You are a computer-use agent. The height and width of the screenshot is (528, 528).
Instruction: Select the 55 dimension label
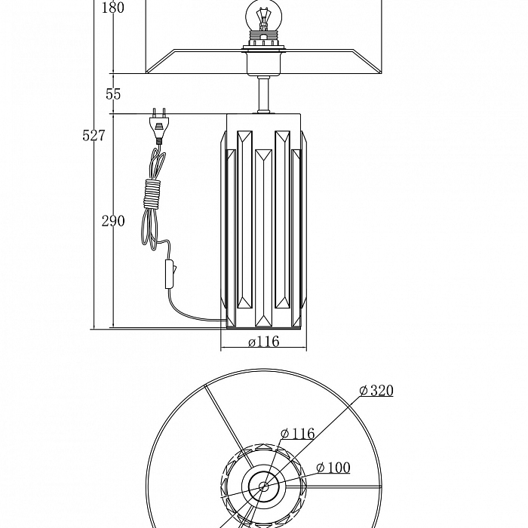(113, 94)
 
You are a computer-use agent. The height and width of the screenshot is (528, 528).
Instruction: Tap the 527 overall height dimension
(94, 135)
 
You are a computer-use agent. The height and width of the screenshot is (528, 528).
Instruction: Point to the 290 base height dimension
(113, 221)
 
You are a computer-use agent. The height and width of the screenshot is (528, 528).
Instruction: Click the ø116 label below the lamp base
(263, 342)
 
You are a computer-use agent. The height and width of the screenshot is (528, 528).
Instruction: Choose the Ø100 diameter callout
(333, 468)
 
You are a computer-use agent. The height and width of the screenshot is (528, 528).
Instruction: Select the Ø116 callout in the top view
(297, 434)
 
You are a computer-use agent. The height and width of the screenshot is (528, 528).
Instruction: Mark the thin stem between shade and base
(263, 95)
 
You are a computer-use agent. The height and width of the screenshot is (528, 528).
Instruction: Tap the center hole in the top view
(264, 487)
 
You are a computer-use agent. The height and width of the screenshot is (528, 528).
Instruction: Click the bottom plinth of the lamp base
(263, 325)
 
